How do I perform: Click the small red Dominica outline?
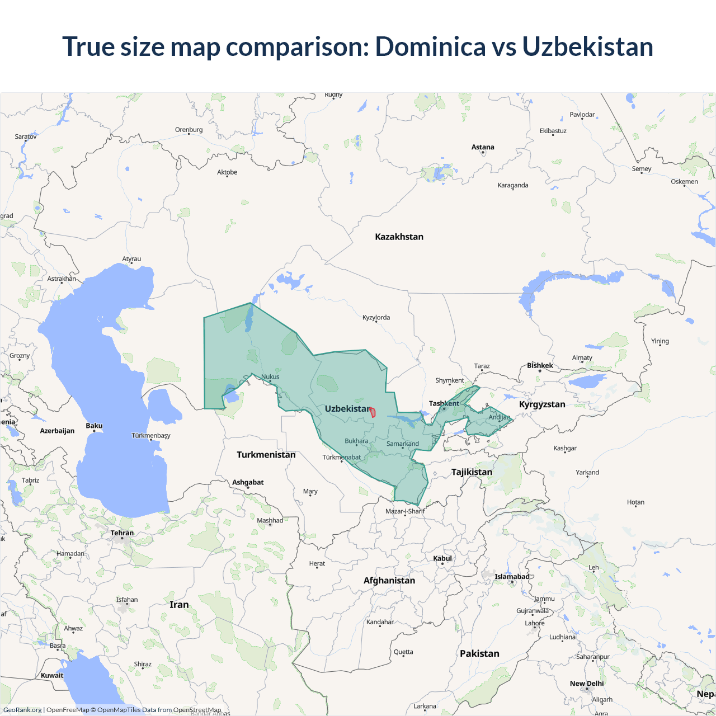373,413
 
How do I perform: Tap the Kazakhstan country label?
399,237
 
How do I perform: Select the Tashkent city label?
444,403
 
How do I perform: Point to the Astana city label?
482,147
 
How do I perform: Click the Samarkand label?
402,444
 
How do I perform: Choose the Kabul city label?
442,558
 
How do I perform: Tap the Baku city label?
94,426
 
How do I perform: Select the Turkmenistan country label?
266,455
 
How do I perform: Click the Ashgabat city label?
248,482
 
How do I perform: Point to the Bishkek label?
540,365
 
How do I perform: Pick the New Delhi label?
586,684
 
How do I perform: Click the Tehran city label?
122,533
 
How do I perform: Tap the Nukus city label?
270,376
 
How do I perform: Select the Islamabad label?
511,577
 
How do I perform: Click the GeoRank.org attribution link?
22,710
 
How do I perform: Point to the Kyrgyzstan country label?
541,404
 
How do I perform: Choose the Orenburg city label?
189,130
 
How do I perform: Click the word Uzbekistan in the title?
587,46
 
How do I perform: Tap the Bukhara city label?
356,441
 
